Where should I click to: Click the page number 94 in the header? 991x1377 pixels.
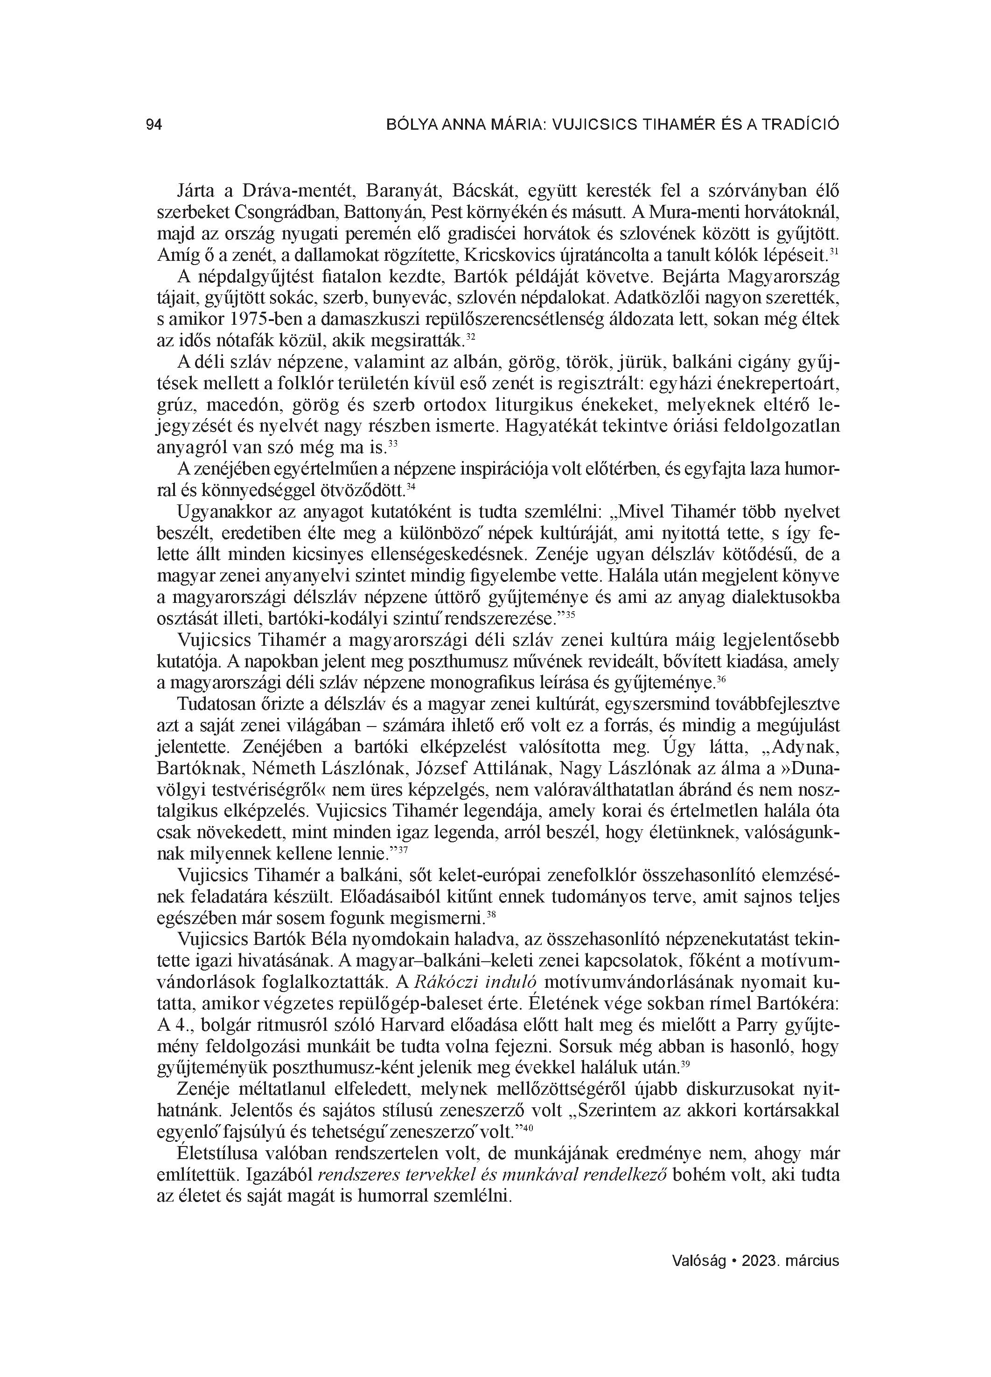click(154, 126)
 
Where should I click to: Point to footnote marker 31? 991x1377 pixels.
click(834, 251)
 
